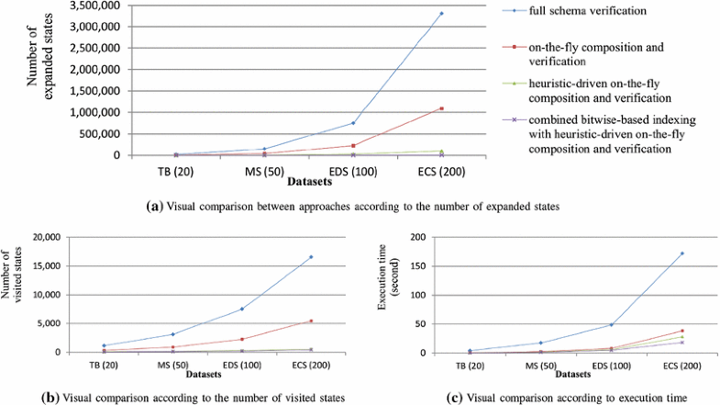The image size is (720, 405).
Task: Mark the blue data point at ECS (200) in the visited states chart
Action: (311, 256)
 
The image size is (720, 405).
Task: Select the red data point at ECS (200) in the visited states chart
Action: (311, 321)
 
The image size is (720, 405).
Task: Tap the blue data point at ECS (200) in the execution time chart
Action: (682, 253)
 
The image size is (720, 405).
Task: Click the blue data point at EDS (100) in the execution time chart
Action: (611, 324)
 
